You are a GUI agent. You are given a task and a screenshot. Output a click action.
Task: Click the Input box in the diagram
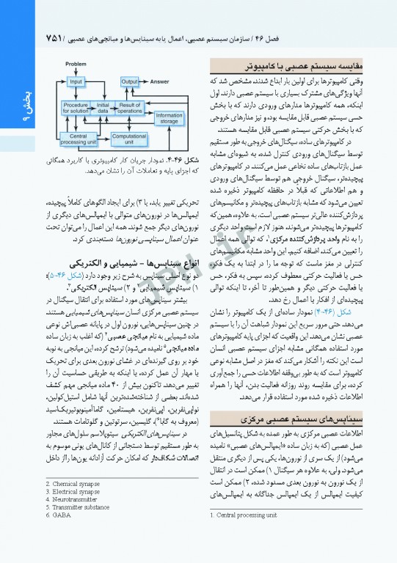(76, 81)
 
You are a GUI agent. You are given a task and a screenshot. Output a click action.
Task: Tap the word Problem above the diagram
(76, 65)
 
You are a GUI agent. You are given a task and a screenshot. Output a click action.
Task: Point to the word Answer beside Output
(160, 81)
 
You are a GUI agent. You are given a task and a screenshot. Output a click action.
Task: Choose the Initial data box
(103, 108)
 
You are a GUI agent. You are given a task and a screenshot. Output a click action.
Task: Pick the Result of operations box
(130, 108)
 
